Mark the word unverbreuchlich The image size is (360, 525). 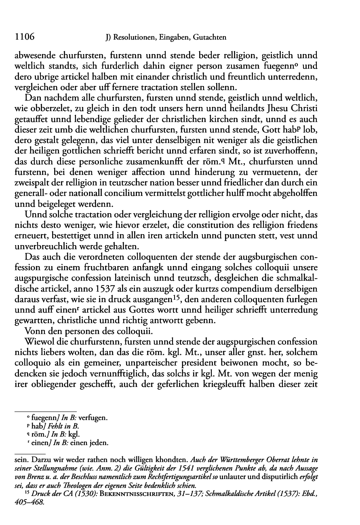58,246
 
